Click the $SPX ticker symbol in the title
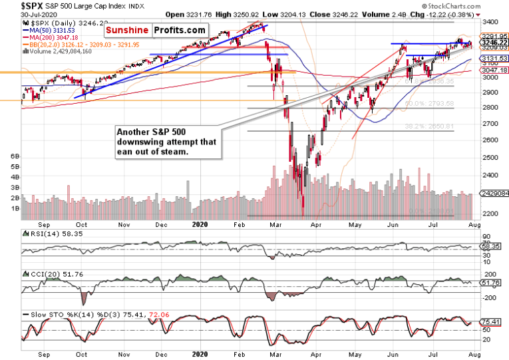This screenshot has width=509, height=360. pos(14,5)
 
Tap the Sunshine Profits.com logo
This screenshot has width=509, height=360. pos(152,31)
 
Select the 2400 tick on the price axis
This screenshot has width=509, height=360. pos(491,176)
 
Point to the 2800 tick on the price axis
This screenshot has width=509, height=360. pos(491,108)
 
